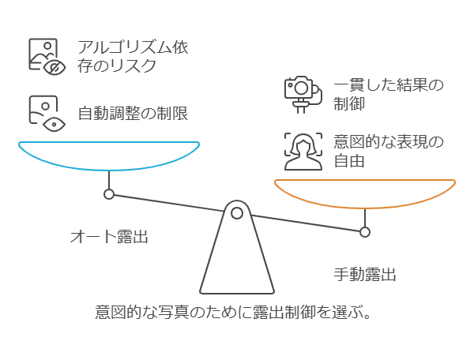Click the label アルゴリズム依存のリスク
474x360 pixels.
click(133, 56)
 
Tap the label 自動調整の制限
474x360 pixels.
click(132, 113)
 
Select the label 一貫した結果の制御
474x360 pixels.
click(388, 93)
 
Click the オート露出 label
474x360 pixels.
click(109, 236)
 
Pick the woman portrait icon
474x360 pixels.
click(304, 151)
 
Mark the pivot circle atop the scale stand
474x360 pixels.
click(236, 212)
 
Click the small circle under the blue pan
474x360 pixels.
click(109, 194)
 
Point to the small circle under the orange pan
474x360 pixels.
click(365, 232)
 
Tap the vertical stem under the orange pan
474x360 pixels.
click(365, 217)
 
